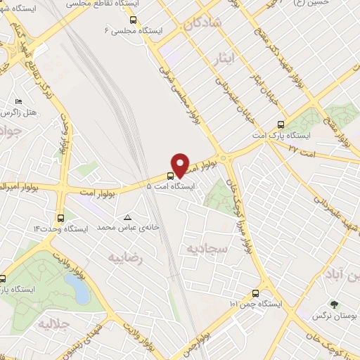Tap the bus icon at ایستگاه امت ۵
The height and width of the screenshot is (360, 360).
click(x=170, y=176)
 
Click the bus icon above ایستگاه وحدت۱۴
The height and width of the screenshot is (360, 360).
click(x=60, y=217)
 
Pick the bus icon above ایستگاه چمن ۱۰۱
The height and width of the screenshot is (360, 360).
click(x=255, y=293)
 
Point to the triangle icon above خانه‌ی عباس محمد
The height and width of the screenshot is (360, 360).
click(x=127, y=217)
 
